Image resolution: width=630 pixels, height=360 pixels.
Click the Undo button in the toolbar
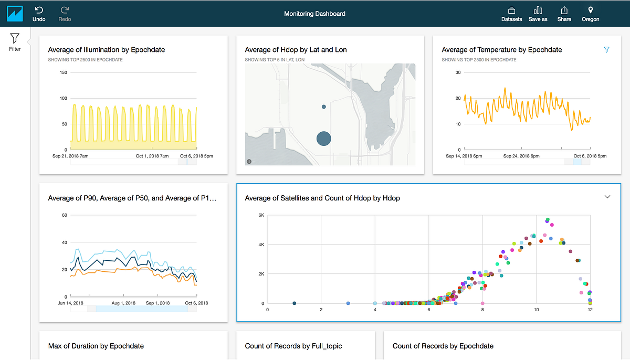[39, 13]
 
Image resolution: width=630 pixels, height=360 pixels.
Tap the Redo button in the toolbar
[65, 13]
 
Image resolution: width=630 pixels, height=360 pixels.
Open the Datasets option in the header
[511, 14]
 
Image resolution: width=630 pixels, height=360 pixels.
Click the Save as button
[538, 14]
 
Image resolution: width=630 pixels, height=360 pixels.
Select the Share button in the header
[564, 14]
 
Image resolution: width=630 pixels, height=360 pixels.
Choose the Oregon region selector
[590, 14]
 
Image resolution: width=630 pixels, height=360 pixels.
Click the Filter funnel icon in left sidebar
[15, 39]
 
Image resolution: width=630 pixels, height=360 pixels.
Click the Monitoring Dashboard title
[314, 14]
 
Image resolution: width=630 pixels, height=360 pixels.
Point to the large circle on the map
[324, 139]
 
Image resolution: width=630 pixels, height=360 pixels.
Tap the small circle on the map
[324, 107]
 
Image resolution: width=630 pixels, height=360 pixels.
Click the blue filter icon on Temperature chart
[607, 50]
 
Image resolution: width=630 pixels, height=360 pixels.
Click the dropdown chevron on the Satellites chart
[607, 197]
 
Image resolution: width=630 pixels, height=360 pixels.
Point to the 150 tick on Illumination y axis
[64, 72]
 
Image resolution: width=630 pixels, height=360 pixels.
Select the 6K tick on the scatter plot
[260, 215]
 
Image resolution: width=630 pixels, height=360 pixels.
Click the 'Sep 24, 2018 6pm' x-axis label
[521, 156]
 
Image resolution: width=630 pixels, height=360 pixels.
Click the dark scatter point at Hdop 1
[294, 303]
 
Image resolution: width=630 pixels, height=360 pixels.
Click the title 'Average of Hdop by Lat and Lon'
[296, 50]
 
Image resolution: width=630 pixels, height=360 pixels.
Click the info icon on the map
[249, 161]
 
